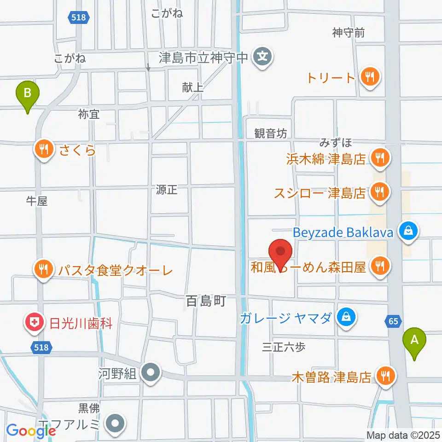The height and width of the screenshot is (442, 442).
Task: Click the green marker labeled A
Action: [414, 341]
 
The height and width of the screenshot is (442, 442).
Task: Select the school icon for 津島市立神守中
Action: [263, 58]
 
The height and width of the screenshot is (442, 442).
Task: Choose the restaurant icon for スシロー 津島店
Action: [380, 191]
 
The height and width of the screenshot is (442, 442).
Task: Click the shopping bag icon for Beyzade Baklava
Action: [408, 232]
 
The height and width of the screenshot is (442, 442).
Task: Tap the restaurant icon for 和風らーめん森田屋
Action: [380, 265]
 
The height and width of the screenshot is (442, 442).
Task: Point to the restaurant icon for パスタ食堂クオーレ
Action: [44, 268]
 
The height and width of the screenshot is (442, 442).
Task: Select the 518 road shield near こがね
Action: [78, 17]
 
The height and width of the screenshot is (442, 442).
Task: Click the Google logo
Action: [31, 431]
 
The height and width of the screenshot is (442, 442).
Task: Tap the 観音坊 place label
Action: [271, 134]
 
